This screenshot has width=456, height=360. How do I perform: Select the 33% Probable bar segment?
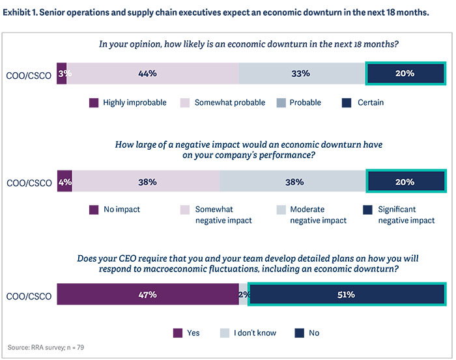pos(302,74)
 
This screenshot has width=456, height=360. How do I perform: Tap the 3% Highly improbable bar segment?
pos(62,74)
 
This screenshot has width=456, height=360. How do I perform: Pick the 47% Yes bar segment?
pos(148,294)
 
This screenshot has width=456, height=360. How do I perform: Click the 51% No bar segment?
pos(346,294)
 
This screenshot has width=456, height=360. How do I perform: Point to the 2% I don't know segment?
pos(244,294)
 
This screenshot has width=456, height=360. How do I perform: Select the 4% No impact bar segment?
pos(64,182)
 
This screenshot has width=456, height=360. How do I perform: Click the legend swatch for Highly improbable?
pos(93,102)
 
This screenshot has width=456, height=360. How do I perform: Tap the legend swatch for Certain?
pos(347,102)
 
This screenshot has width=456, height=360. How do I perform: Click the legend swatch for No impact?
pos(93,210)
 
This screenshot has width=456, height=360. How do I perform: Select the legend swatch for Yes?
pos(178,333)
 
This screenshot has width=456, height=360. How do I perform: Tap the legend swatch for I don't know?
pos(242,333)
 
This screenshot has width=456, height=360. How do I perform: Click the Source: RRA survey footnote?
pos(46,347)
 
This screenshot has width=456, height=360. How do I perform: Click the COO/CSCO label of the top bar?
pos(29,74)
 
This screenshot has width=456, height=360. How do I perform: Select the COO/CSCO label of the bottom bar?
pos(29,295)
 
